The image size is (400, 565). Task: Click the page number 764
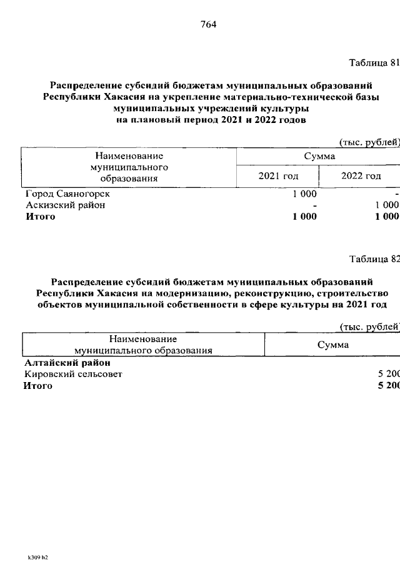point(208,25)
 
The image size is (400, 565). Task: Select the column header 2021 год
point(278,176)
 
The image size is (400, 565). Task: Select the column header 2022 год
point(361,176)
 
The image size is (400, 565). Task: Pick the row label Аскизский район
point(66,205)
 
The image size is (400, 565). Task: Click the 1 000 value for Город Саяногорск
point(304,194)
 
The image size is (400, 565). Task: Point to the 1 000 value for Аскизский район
point(387,205)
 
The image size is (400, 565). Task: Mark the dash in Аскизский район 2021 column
point(315,205)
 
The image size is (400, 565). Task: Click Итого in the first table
point(40,217)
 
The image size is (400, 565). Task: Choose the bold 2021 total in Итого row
point(304,217)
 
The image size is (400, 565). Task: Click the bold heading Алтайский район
point(67,363)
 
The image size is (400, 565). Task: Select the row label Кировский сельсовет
point(73,374)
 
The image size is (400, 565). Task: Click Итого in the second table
point(38,386)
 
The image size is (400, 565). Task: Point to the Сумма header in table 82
point(332,345)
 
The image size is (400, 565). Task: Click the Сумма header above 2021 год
point(319,156)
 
